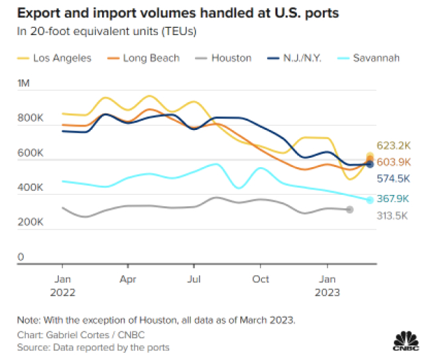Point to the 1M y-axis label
[x=24, y=84]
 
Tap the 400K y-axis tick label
[x=30, y=188]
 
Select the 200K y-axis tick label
[x=30, y=223]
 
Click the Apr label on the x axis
[x=129, y=279]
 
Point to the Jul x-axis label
[x=193, y=279]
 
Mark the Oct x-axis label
[x=261, y=279]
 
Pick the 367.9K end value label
[x=394, y=199]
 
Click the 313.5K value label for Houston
[x=394, y=215]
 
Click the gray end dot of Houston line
[x=349, y=210]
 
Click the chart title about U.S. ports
[x=170, y=13]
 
